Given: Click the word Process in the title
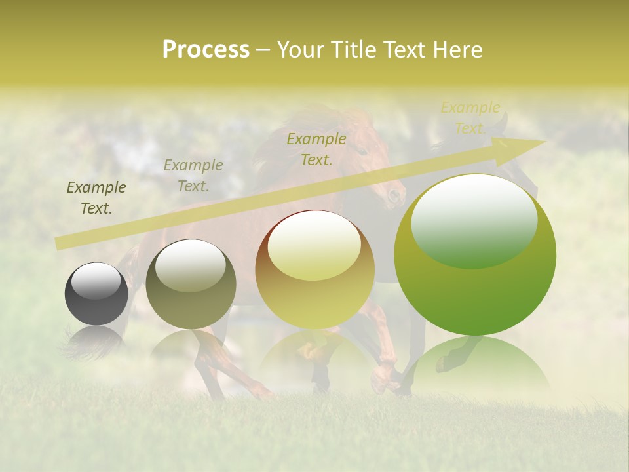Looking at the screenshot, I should (x=206, y=50).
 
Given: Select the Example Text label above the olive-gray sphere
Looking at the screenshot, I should (x=193, y=176).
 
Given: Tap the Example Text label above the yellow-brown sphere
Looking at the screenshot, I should (x=316, y=149).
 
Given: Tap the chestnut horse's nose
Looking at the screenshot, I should (x=394, y=195).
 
